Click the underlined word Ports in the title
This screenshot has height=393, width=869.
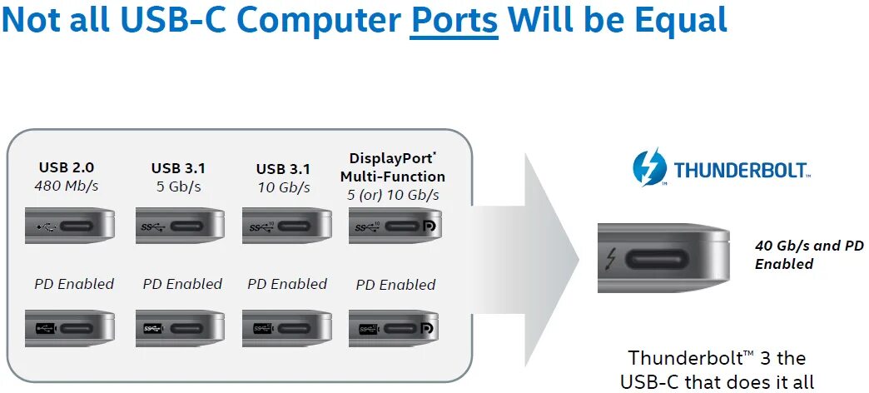tap(454, 20)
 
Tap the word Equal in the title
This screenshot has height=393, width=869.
tap(681, 20)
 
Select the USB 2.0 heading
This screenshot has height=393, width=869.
tap(67, 167)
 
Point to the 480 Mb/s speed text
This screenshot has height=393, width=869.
tap(67, 186)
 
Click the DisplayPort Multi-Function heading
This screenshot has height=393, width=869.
tap(393, 167)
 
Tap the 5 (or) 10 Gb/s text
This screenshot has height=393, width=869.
tap(393, 195)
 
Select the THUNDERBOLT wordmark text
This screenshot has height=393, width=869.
tap(741, 171)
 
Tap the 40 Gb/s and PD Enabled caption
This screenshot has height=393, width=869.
tap(797, 255)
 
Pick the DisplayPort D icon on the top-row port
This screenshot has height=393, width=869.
tap(430, 226)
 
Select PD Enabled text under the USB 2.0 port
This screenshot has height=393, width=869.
tap(74, 284)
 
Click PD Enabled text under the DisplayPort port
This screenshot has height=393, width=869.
tap(395, 285)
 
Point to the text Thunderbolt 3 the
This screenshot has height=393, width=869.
tap(717, 358)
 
